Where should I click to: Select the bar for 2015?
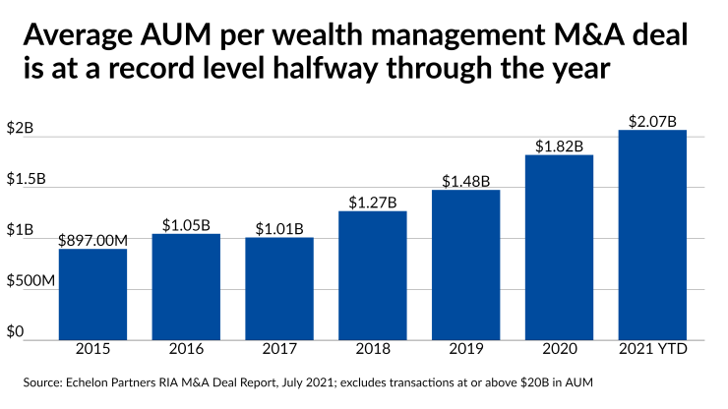pyautogui.click(x=92, y=294)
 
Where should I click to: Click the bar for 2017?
pyautogui.click(x=279, y=288)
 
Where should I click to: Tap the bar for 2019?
pyautogui.click(x=466, y=264)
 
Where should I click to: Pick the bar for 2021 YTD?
pyautogui.click(x=652, y=235)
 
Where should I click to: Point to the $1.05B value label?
pyautogui.click(x=186, y=224)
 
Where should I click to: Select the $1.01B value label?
pyautogui.click(x=279, y=228)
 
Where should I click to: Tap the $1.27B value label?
pyautogui.click(x=373, y=202)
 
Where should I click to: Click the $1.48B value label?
pyautogui.click(x=466, y=181)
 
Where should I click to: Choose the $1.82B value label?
pyautogui.click(x=560, y=146)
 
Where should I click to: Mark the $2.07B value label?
pyautogui.click(x=652, y=121)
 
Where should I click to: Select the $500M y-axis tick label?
pyautogui.click(x=29, y=281)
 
